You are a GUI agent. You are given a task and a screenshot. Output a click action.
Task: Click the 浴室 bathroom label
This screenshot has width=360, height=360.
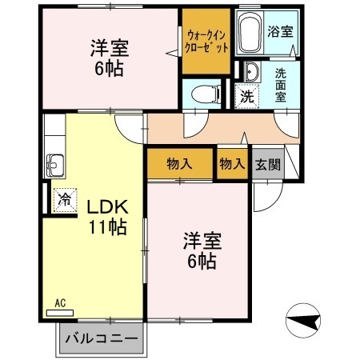[x=279, y=33]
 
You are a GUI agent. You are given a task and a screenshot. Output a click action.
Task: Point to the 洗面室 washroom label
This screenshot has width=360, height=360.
[x=281, y=84]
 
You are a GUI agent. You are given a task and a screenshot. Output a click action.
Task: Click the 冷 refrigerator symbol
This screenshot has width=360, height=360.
[x=62, y=199]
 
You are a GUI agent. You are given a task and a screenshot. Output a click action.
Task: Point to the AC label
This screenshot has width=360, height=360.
[x=60, y=303]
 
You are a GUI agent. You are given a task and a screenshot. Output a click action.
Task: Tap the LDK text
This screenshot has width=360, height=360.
[x=108, y=206]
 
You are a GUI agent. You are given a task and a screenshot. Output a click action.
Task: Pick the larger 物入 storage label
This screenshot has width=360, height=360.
[x=180, y=163]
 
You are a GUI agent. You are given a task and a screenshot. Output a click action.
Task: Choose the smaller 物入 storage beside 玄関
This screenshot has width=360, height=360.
[x=232, y=163]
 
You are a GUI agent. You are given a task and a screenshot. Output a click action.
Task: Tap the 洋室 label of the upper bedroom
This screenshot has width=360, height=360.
[x=107, y=47]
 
